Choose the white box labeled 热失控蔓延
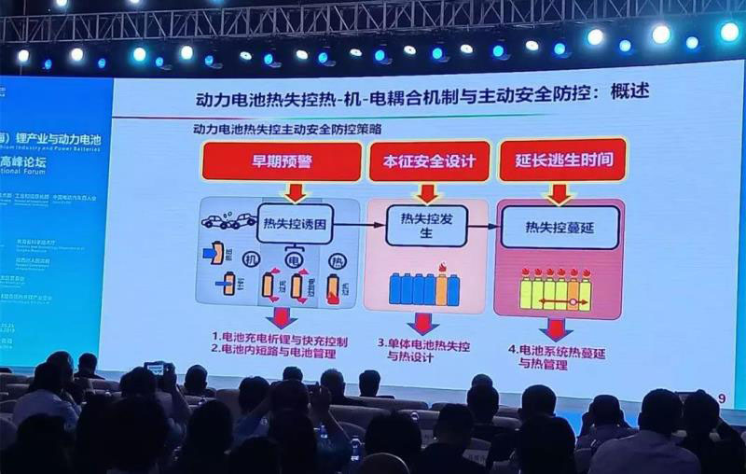click(x=559, y=226)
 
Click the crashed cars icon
click(x=228, y=222)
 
